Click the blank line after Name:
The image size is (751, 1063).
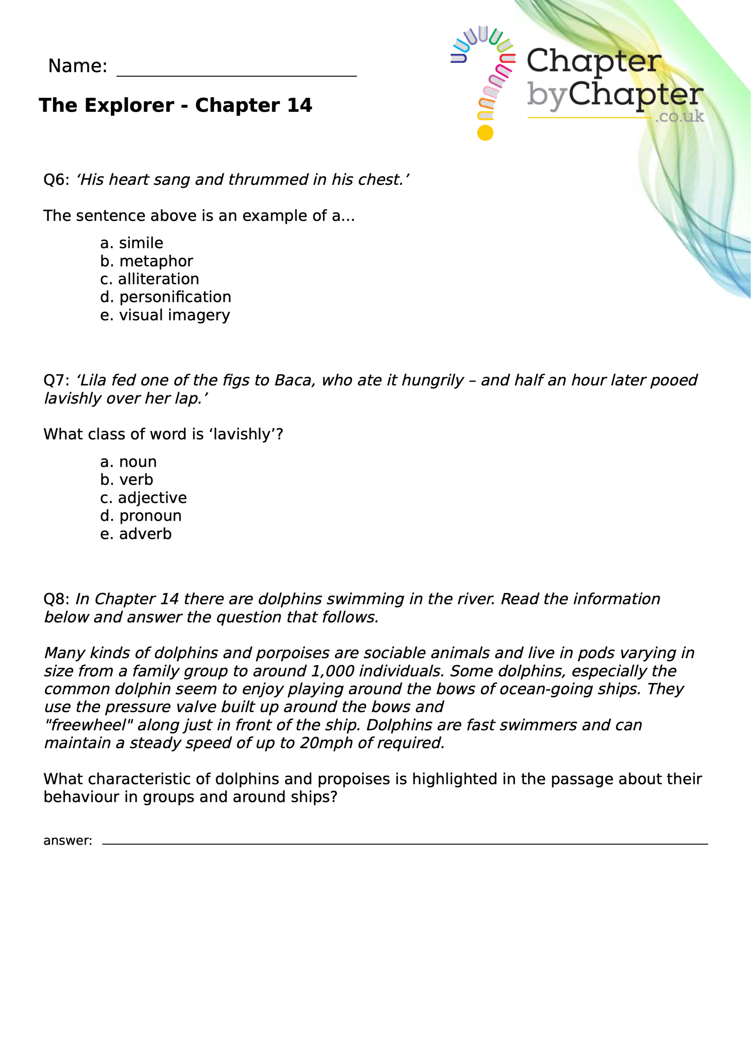click(236, 74)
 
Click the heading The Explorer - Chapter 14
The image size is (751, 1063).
click(176, 105)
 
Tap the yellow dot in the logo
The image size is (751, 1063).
click(485, 133)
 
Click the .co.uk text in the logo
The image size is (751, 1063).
click(679, 116)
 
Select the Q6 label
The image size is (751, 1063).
click(56, 180)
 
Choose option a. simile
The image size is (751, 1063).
click(132, 243)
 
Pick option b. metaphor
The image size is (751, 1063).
click(146, 261)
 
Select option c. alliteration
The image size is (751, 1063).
click(149, 279)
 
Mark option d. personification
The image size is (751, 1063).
click(165, 297)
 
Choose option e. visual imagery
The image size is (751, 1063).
click(165, 315)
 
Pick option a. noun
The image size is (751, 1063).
click(128, 462)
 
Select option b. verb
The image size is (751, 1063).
click(126, 480)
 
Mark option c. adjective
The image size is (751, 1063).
click(143, 498)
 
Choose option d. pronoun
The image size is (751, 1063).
click(141, 516)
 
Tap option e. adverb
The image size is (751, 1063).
click(136, 534)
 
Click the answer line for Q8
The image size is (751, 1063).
click(404, 843)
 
